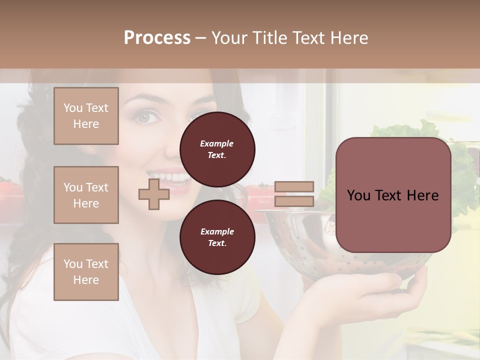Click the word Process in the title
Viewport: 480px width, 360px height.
coord(157,38)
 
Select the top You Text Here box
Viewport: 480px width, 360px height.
coord(86,116)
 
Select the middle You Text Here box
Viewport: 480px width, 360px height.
coord(86,195)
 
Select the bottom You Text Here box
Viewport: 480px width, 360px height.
coord(86,272)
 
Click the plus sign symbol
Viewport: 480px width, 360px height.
coord(154,194)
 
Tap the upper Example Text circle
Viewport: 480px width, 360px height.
coord(217,149)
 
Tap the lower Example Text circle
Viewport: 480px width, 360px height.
coord(217,237)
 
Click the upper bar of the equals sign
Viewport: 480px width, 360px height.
coord(294,186)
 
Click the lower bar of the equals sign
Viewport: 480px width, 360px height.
coord(294,201)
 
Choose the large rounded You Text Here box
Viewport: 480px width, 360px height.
coord(393,195)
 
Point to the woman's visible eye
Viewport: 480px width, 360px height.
coord(144,117)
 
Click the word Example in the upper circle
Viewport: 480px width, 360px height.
coord(217,143)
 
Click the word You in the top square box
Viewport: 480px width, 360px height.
coord(72,108)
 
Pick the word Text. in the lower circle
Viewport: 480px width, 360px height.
coord(217,243)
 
